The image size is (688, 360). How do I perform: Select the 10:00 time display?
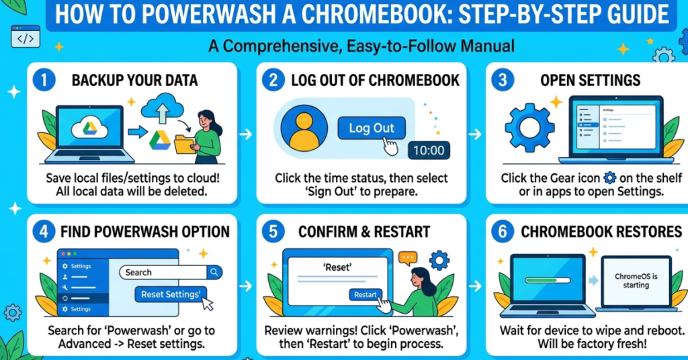coord(429,150)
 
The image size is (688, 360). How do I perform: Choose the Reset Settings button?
coord(171,294)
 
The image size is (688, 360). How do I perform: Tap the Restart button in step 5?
coord(365,294)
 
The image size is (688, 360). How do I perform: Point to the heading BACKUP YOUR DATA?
coord(134,81)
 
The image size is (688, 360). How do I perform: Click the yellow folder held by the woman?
coord(183,144)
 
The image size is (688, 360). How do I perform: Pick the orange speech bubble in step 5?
coord(408,257)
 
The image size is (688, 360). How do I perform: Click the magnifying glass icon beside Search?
coord(214,272)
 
